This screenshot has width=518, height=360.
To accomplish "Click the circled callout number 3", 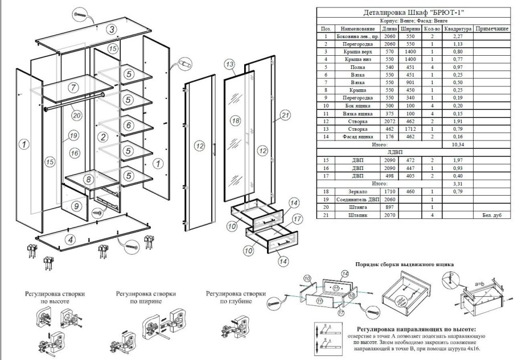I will coord(113,29).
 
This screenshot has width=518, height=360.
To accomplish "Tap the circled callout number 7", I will coord(73,88).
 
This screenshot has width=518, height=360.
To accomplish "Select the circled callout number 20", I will coord(76,114).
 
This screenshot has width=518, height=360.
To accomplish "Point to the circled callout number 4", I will coord(69,239).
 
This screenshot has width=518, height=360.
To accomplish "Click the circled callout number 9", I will coord(77,206).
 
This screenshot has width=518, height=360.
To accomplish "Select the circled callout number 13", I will coord(229,64).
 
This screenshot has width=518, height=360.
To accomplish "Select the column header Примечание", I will coord(491,28).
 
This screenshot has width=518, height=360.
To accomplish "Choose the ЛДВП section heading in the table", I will coord(395,152).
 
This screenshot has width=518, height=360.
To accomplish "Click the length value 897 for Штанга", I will coord(389,208).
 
